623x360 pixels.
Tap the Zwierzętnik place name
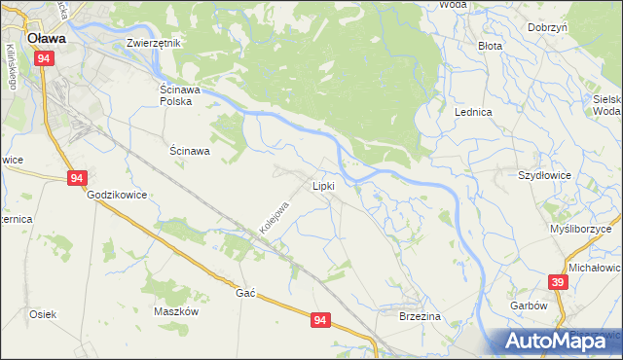tap(155, 44)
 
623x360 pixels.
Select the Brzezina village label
tap(421, 316)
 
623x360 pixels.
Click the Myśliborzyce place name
tap(586, 228)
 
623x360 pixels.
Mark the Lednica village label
tap(473, 112)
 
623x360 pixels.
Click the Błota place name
tap(490, 46)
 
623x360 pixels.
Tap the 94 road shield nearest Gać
tap(321, 319)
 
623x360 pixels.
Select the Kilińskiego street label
tap(12, 67)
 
